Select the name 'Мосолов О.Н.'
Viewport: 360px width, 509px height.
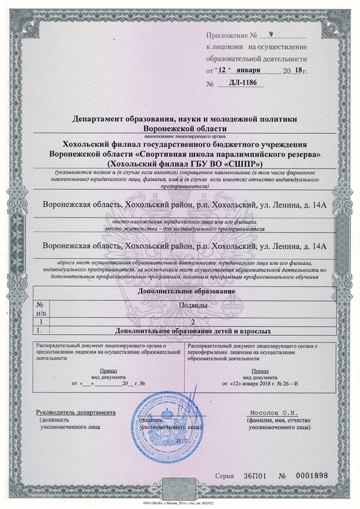point(269,414)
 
